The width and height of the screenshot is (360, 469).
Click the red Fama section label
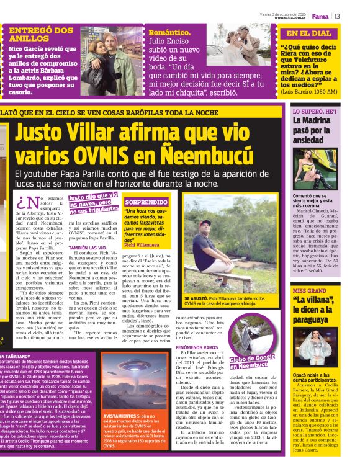coord(320,16)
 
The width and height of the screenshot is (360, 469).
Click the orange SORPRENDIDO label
coord(146,202)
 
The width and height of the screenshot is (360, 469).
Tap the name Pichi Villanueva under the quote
coord(142,246)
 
